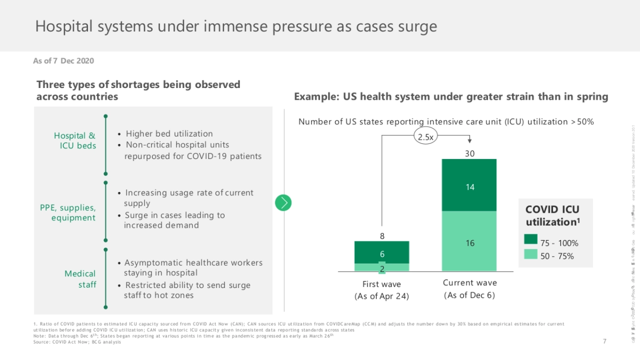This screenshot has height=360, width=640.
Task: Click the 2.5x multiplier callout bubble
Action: [x=425, y=137]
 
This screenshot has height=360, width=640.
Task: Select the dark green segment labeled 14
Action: [x=469, y=185]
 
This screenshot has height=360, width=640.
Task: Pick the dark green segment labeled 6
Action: [x=382, y=252]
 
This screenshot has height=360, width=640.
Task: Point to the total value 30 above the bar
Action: [x=469, y=154]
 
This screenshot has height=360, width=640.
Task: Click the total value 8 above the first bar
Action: [x=382, y=236]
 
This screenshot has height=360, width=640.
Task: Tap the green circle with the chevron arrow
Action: [x=284, y=203]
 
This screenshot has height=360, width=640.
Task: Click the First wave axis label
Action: [x=382, y=284]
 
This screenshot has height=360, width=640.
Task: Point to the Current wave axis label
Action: [x=469, y=283]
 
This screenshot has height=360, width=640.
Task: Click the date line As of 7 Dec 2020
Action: [x=63, y=61]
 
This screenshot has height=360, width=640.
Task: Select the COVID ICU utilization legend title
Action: [x=552, y=215]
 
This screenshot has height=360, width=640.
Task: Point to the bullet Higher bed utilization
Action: [x=169, y=134]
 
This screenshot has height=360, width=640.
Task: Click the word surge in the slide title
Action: [x=416, y=26]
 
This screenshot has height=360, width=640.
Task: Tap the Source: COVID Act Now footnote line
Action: [x=77, y=342]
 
